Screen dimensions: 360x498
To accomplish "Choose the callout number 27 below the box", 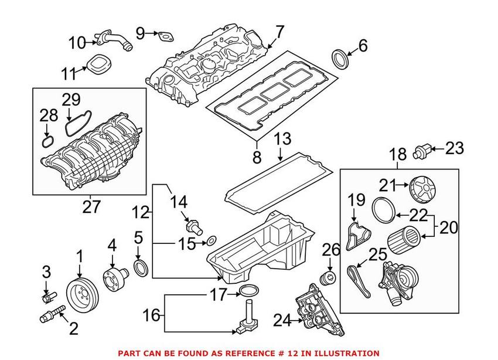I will [91, 206].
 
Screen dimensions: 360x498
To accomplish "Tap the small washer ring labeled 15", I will [212, 240].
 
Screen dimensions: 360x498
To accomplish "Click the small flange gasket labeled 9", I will [166, 36].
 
